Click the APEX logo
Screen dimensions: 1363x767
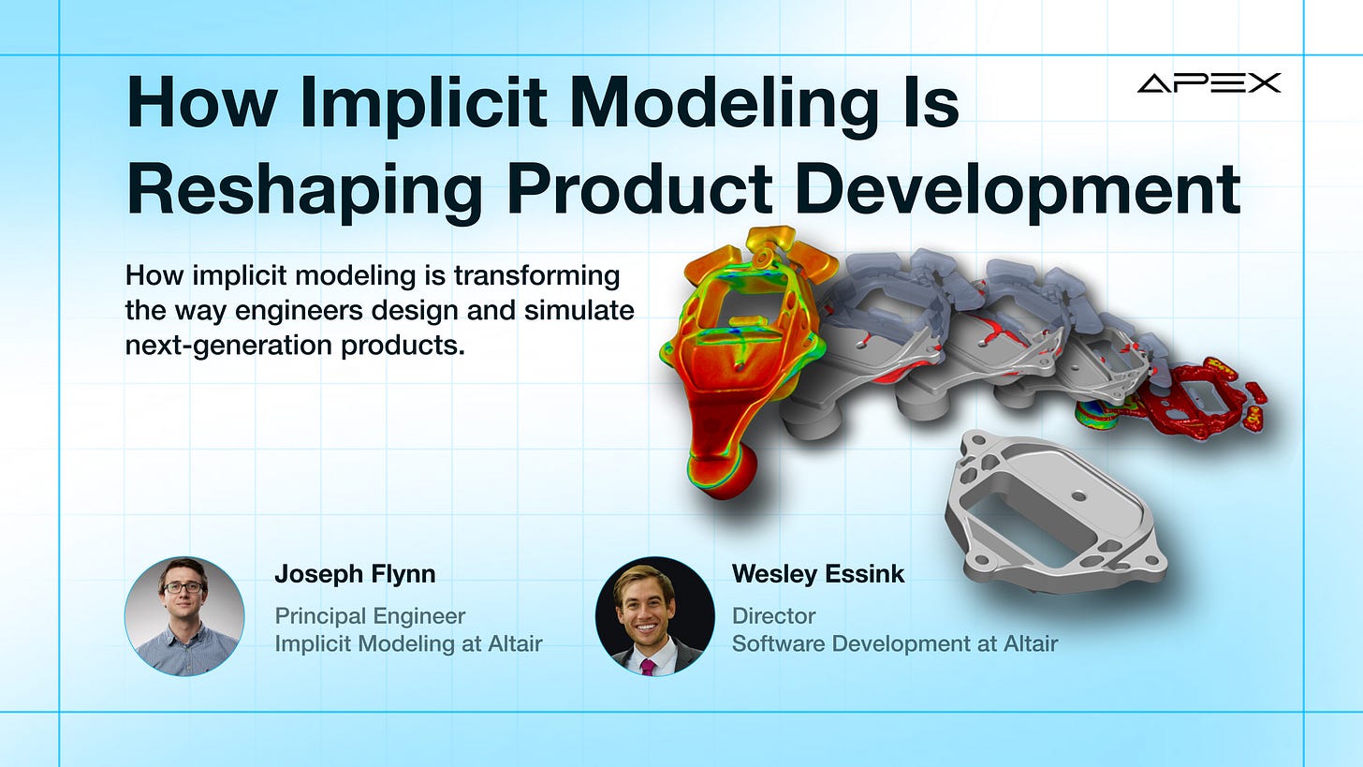pos(1209,82)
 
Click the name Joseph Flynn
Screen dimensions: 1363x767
pos(355,573)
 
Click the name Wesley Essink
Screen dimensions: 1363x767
pos(818,573)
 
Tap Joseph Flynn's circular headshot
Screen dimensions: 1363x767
pos(184,616)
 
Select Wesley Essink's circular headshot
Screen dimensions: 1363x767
pos(654,616)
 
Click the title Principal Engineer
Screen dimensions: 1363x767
pos(370,616)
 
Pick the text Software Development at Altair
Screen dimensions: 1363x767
pos(895,643)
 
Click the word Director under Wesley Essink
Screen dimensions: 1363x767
pos(773,616)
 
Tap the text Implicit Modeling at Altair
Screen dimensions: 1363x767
pos(408,643)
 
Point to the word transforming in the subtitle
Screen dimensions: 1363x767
pos(536,276)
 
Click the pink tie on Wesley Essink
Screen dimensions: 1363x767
pos(649,666)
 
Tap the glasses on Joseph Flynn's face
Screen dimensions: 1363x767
pos(183,587)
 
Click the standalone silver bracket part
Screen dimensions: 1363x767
pos(1056,511)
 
